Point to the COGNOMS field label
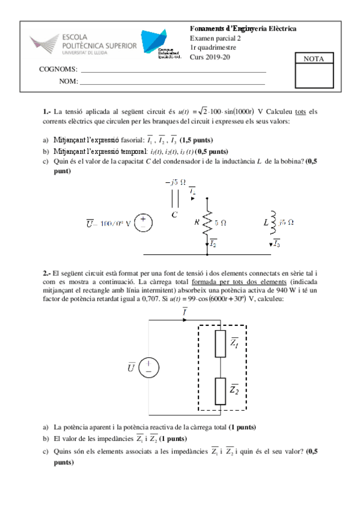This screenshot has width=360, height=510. coord(58,70)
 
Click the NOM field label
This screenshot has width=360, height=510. coord(69,81)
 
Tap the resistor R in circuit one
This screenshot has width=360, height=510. coord(207,222)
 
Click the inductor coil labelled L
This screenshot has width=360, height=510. coord(272,223)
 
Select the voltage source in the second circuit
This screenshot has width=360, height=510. coord(148,367)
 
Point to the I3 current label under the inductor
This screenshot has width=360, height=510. coord(275,244)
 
